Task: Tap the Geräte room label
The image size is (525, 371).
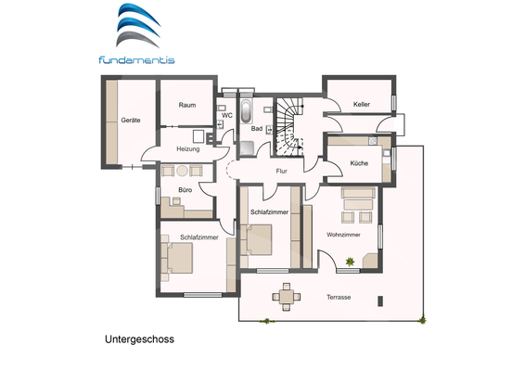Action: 130,121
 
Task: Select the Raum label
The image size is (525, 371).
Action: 187,106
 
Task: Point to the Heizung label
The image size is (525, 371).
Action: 187,148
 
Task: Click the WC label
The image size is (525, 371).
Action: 226,116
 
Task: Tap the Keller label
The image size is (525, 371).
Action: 361,105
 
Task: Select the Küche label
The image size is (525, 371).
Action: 359,163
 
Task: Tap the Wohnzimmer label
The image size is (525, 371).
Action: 342,234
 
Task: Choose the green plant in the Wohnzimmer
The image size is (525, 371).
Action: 351,262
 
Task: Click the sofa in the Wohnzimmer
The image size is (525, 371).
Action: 357,195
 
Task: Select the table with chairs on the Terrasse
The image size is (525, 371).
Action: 287,297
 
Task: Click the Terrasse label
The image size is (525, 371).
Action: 339,297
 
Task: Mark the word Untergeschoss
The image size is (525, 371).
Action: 139,339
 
